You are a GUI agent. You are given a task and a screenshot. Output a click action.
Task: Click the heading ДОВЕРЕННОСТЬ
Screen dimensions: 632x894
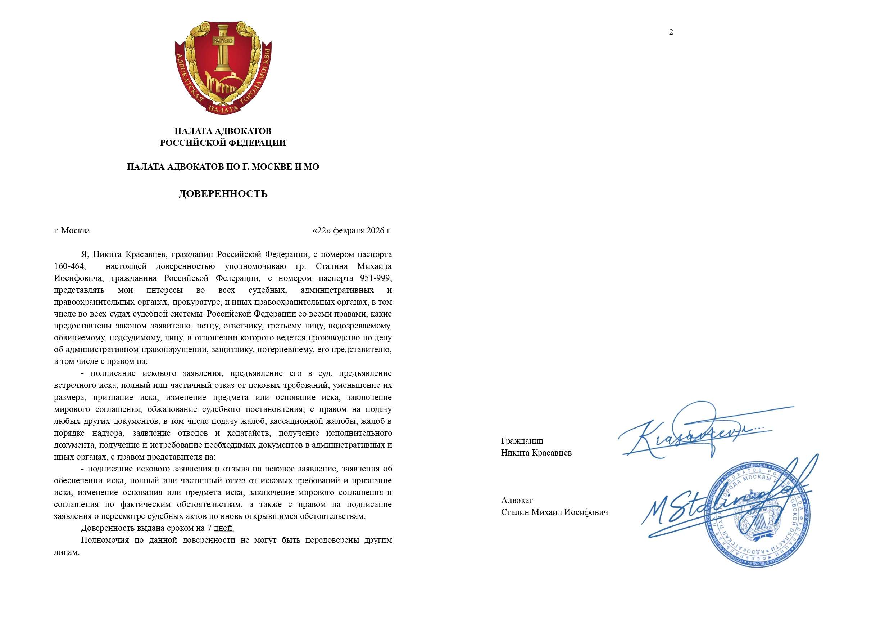tap(223, 194)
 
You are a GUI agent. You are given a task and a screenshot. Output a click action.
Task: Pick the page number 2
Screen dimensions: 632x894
tap(671, 32)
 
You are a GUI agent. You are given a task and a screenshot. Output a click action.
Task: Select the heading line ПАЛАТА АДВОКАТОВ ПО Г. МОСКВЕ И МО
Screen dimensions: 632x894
tap(223, 167)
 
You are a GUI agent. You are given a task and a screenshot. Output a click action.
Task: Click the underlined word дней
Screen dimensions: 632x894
tap(224, 528)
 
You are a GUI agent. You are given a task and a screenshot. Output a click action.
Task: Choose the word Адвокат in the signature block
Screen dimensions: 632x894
tap(517, 500)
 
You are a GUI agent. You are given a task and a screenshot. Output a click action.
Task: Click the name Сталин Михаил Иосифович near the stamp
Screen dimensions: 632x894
tap(554, 512)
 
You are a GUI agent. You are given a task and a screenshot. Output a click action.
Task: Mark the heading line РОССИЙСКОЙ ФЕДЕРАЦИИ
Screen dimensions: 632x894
tap(223, 143)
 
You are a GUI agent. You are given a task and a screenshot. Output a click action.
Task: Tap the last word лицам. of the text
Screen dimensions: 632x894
tap(67, 552)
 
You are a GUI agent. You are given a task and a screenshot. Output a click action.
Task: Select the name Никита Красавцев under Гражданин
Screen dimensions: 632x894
tap(536, 453)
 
